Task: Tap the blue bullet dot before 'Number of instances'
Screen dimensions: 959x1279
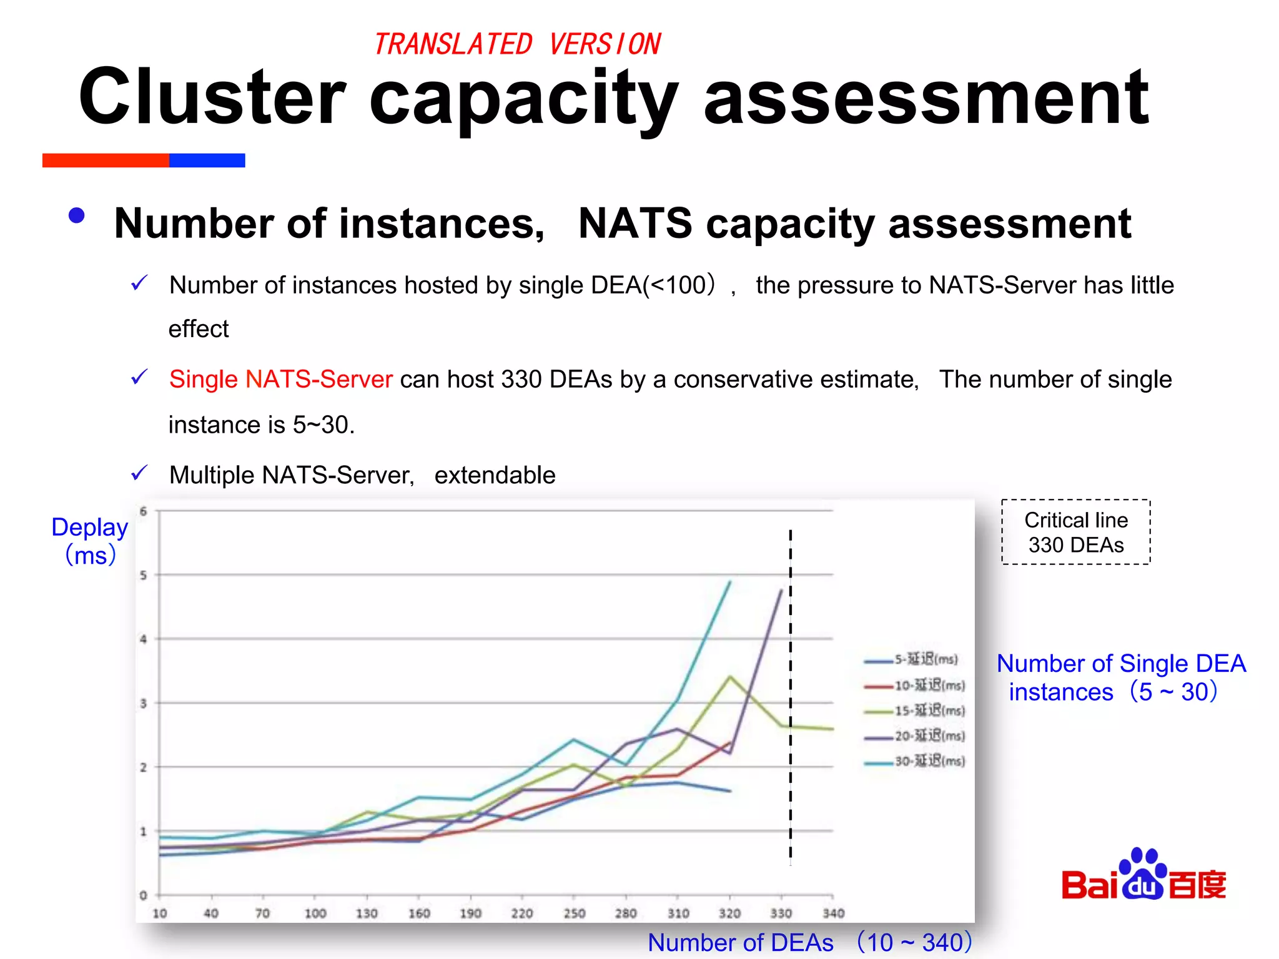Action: point(76,216)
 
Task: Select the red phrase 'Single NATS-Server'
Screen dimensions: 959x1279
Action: point(280,379)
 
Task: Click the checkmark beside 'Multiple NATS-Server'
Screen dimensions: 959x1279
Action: point(139,473)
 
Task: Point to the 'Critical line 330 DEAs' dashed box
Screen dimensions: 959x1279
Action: point(1075,532)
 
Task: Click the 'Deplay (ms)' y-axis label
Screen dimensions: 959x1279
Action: point(90,541)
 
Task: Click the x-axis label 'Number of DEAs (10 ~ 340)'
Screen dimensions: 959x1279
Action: point(809,942)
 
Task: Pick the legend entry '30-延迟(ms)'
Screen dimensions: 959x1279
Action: point(916,761)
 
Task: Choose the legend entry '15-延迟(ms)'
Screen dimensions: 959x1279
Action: point(916,711)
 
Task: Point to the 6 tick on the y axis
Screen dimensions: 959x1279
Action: point(144,511)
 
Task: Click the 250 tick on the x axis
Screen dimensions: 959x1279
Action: point(574,913)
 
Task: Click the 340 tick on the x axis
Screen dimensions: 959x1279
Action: point(833,913)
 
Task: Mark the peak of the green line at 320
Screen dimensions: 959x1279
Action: point(729,677)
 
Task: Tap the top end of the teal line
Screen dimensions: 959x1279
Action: point(729,582)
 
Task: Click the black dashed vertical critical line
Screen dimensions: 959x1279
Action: point(790,687)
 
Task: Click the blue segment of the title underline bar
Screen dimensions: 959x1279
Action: point(207,160)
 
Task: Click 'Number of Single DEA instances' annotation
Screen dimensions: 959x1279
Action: point(1120,677)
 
